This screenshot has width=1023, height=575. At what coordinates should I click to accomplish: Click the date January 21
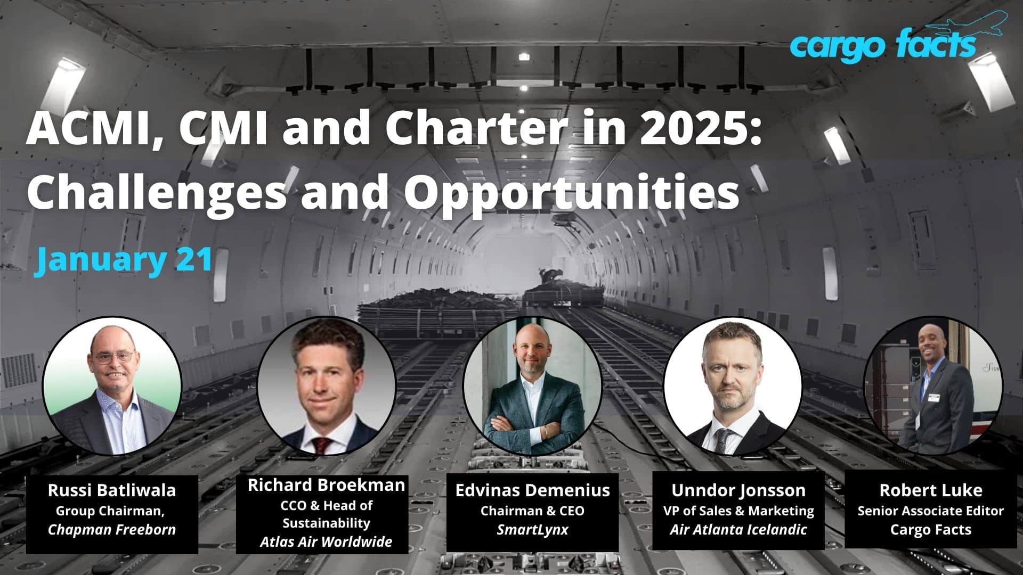125,260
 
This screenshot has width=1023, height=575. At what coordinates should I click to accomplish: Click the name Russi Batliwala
112,490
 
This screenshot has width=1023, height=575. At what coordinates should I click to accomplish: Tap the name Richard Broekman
326,485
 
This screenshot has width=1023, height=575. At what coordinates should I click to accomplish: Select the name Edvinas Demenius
532,490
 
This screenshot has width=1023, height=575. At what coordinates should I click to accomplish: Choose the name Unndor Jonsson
738,490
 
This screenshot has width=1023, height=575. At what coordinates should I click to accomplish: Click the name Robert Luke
931,490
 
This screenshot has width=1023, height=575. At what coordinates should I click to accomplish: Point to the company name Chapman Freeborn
112,530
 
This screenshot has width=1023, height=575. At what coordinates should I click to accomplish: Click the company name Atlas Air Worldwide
326,542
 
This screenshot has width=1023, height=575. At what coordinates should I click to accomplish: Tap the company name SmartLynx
532,530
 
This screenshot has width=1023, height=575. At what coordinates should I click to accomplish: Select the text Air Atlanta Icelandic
738,530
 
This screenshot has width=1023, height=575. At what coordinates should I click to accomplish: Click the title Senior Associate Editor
931,511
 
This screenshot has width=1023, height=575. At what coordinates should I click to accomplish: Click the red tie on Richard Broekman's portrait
321,445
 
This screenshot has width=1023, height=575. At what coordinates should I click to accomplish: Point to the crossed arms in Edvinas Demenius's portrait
533,426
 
